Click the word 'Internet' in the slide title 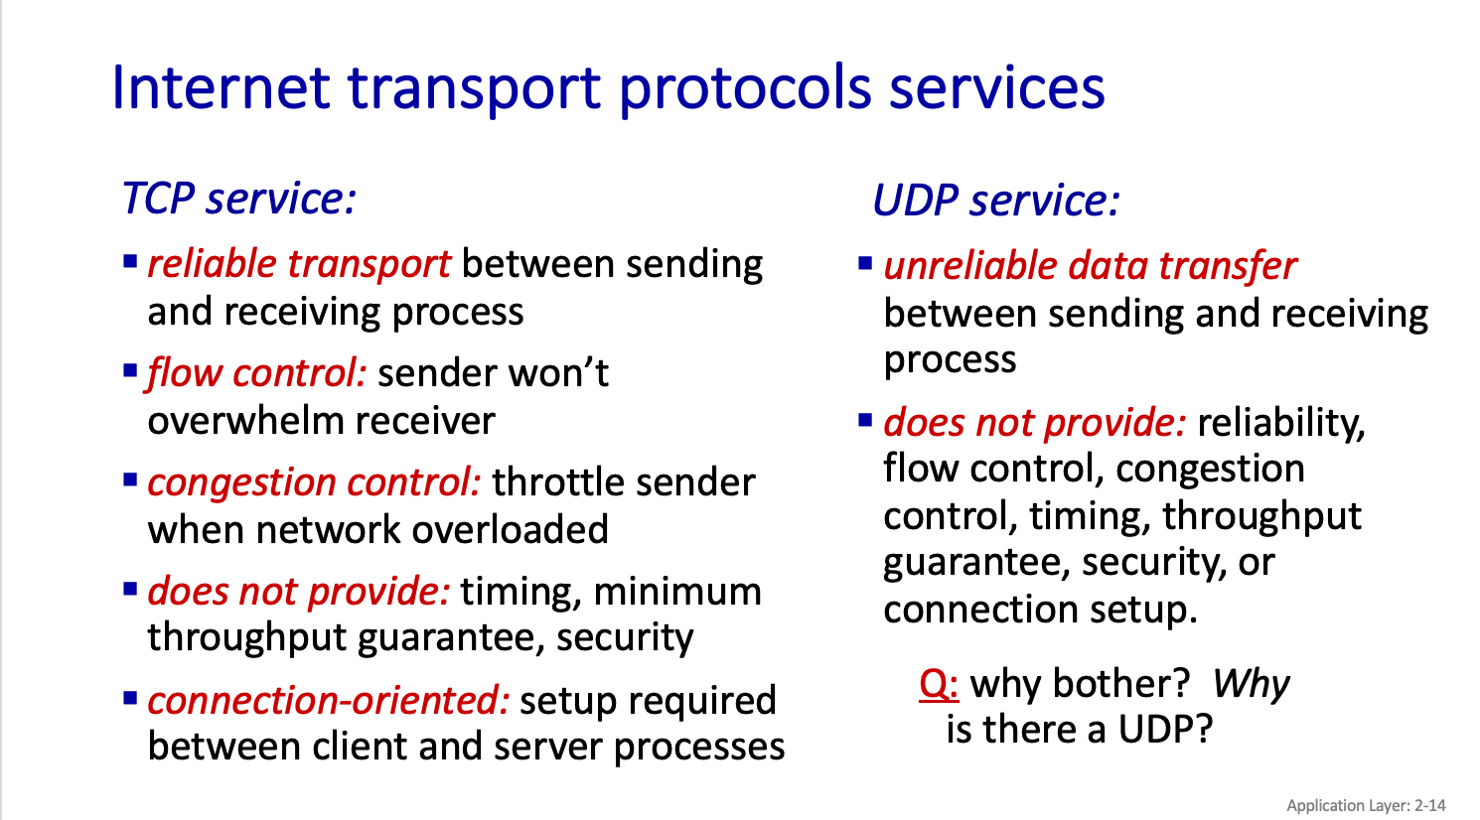point(222,87)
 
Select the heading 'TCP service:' point(239,199)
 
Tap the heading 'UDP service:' point(996,200)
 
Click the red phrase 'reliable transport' point(299,265)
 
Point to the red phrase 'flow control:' point(255,374)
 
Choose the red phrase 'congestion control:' point(315,483)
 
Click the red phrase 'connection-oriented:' point(329,701)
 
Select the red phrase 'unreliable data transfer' point(1091,266)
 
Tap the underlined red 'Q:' point(939,684)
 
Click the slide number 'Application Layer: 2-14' point(1367,805)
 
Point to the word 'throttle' point(558,481)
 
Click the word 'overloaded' point(510,529)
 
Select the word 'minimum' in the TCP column point(677,592)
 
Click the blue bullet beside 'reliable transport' point(130,261)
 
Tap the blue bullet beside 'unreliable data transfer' point(865,263)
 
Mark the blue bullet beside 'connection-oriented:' point(130,698)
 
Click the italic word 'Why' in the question point(1251,684)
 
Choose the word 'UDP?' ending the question point(1165,730)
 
